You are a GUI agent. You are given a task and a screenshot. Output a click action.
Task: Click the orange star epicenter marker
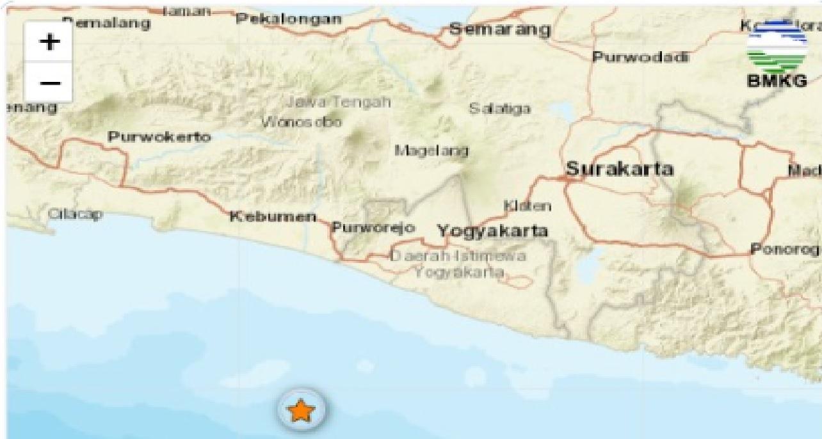(301, 410)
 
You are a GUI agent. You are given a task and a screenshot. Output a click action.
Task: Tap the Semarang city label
(499, 29)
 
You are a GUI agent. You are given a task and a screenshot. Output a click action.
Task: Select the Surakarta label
(620, 169)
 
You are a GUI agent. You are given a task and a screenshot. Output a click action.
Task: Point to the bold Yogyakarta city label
(492, 231)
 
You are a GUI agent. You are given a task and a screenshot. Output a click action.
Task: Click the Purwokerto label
(159, 136)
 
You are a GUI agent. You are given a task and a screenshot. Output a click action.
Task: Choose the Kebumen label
(273, 216)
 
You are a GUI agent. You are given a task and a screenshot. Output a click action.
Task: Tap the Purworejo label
(373, 228)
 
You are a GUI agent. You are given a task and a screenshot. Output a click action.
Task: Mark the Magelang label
(431, 151)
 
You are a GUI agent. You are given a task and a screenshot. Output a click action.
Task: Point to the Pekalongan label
(289, 19)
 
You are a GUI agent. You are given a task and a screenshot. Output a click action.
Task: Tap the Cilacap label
(75, 214)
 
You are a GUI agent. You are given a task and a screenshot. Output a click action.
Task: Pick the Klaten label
(527, 206)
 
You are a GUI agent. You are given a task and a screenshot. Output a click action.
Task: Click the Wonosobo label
(301, 122)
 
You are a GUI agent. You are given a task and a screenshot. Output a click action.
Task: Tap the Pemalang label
(106, 24)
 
